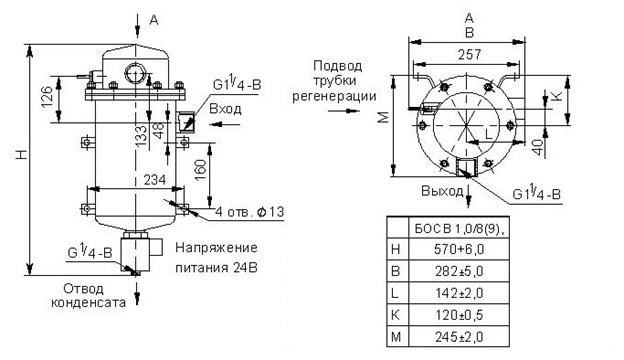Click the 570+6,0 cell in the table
point(459,249)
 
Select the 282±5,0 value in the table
point(459,271)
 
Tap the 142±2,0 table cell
point(459,293)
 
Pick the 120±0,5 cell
point(459,315)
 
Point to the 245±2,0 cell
point(459,337)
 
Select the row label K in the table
point(396,315)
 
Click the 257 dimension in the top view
point(470,54)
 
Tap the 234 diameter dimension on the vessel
point(154,180)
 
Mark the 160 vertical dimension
point(201,170)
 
